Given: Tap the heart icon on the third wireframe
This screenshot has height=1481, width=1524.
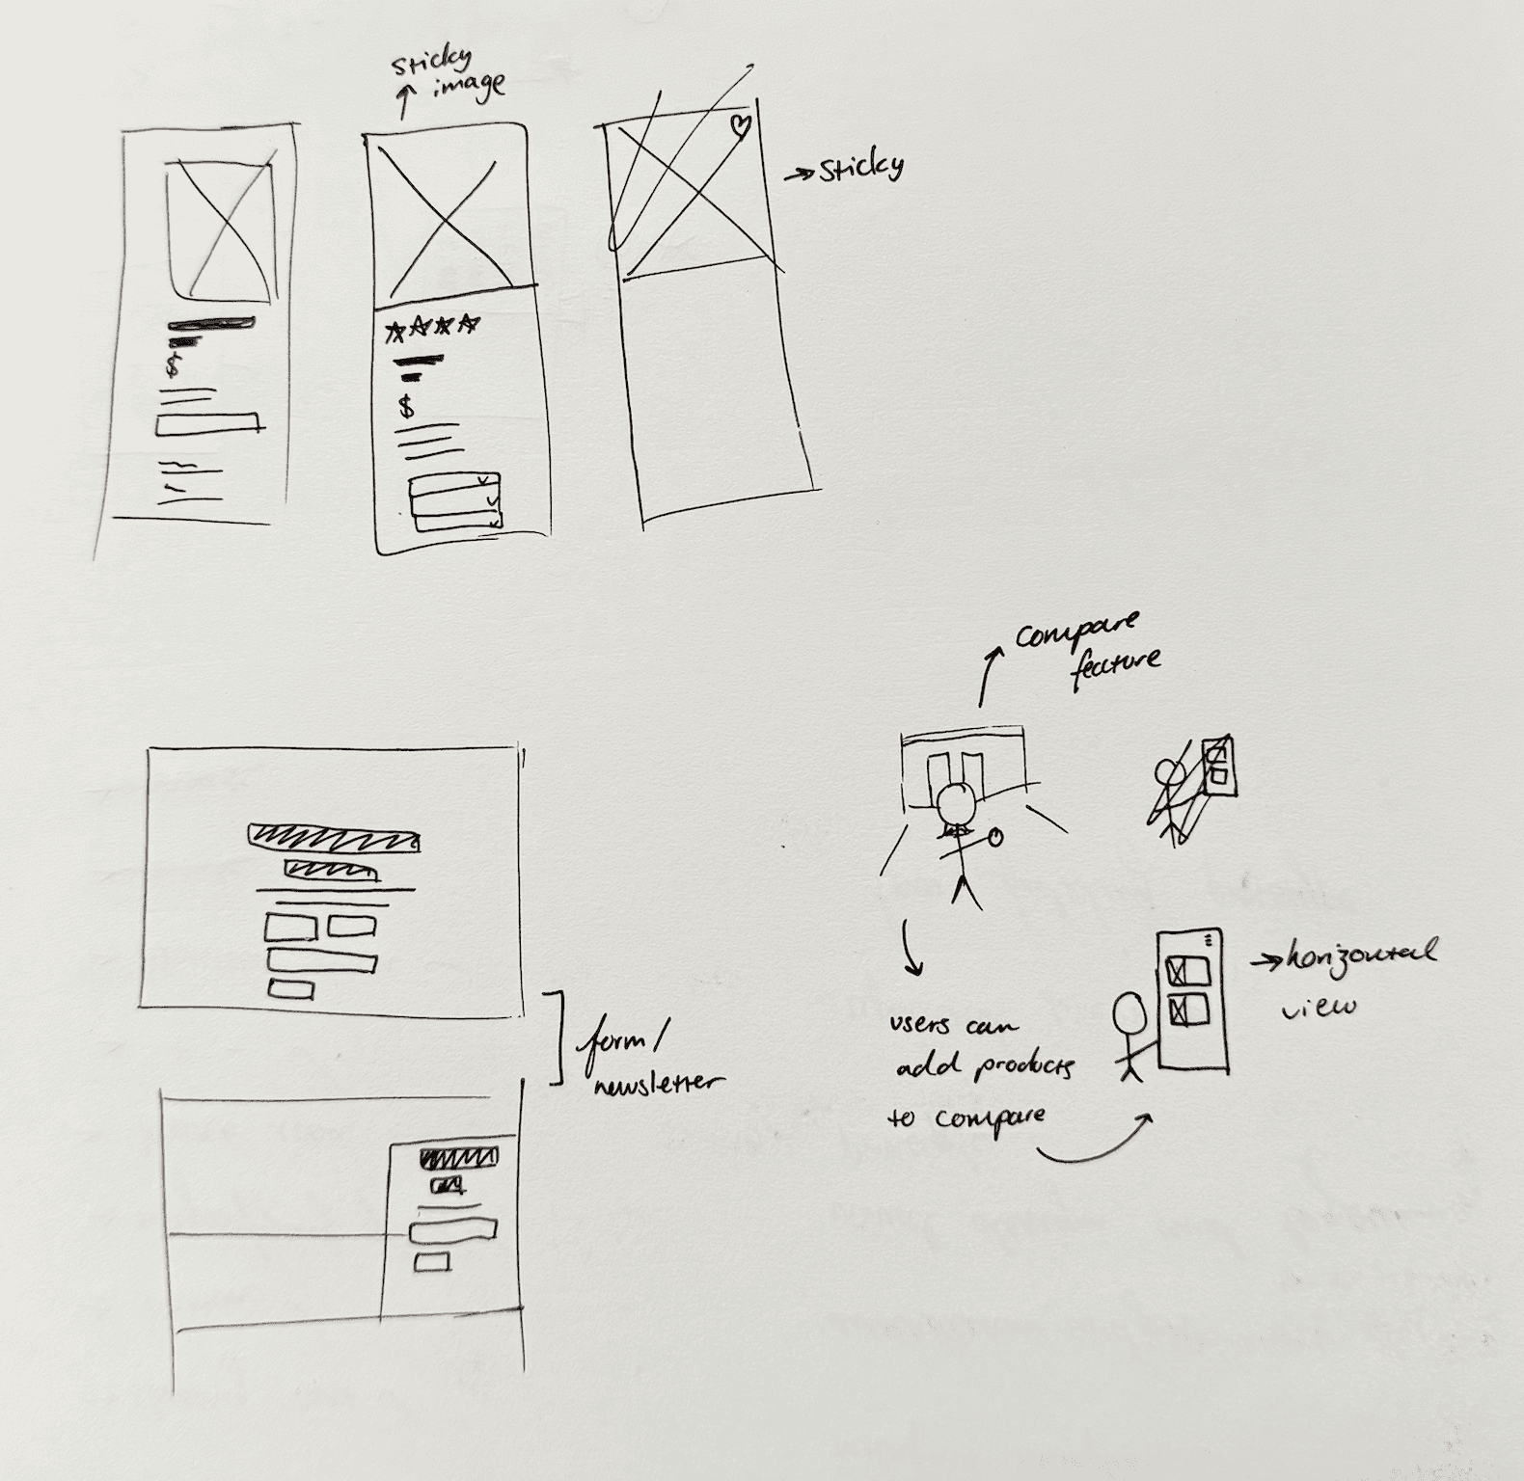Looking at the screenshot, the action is pos(740,126).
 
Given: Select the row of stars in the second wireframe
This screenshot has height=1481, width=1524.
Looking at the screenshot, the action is pos(432,329).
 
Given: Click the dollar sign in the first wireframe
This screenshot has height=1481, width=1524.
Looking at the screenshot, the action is pos(172,366).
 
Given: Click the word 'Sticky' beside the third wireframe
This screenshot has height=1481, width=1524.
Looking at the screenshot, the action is pos(861,169).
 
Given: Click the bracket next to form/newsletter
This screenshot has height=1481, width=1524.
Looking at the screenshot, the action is pos(558,1037).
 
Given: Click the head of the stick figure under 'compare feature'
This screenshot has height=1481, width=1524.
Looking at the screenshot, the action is pos(957,801).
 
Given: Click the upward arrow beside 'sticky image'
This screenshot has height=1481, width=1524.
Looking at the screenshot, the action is pos(405,99).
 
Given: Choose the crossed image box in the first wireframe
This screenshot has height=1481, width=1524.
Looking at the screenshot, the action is pos(221,230).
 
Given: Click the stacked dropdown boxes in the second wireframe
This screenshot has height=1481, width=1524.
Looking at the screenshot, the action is pos(454,501).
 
